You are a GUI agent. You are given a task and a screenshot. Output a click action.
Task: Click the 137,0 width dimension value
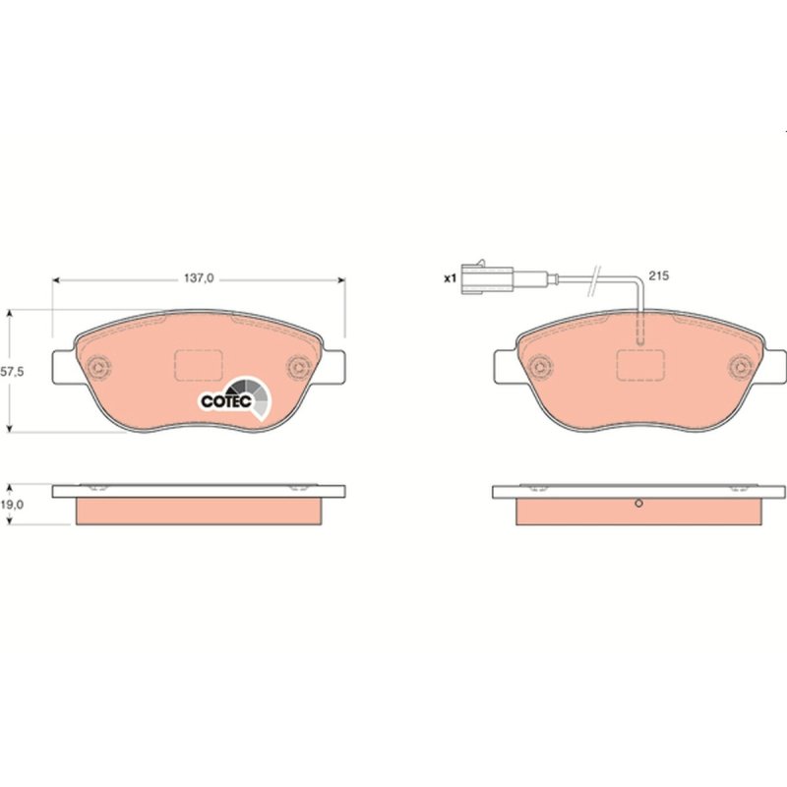[x=199, y=277]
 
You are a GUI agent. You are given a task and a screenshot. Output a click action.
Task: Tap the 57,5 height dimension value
[x=13, y=372]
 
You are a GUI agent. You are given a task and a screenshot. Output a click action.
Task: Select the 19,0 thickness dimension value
[x=12, y=505]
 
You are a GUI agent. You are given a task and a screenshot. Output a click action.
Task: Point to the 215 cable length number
[x=658, y=275]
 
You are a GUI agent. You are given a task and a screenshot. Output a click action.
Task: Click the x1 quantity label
[x=450, y=278]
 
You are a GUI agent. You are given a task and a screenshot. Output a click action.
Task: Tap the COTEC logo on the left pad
[x=235, y=398]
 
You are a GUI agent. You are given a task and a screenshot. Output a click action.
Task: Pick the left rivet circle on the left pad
[x=98, y=367]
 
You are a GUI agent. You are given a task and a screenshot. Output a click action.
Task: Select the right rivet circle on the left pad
[x=300, y=367]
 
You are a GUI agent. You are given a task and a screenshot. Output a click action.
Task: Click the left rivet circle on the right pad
[x=540, y=367]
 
